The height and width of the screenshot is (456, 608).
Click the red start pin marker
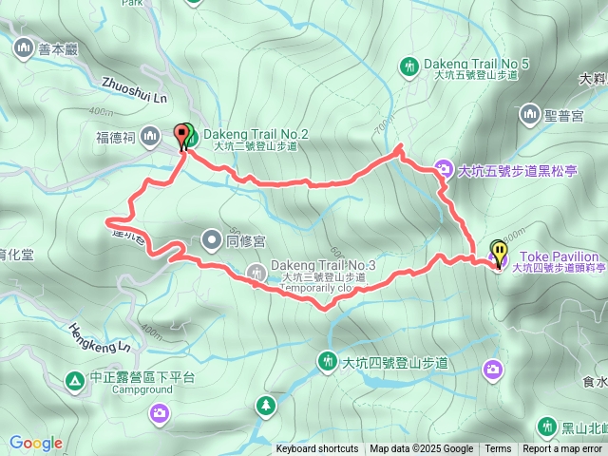(180, 134)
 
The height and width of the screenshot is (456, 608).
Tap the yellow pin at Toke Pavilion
(499, 252)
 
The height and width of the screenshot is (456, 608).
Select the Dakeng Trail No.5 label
(478, 63)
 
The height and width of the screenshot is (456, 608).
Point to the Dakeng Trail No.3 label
(323, 264)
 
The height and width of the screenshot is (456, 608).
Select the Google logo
(35, 443)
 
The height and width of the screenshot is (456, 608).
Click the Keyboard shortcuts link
(317, 449)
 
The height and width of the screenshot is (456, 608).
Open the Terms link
(498, 449)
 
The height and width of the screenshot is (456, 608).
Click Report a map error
(562, 449)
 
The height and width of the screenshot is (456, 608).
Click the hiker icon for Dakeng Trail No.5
(408, 66)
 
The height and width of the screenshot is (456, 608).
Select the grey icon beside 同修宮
(211, 240)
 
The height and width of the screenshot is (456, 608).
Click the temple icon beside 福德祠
(149, 138)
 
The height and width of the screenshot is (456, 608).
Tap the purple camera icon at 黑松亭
(443, 171)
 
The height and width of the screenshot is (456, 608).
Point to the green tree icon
(265, 407)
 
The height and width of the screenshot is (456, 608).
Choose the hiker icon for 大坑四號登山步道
(327, 361)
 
